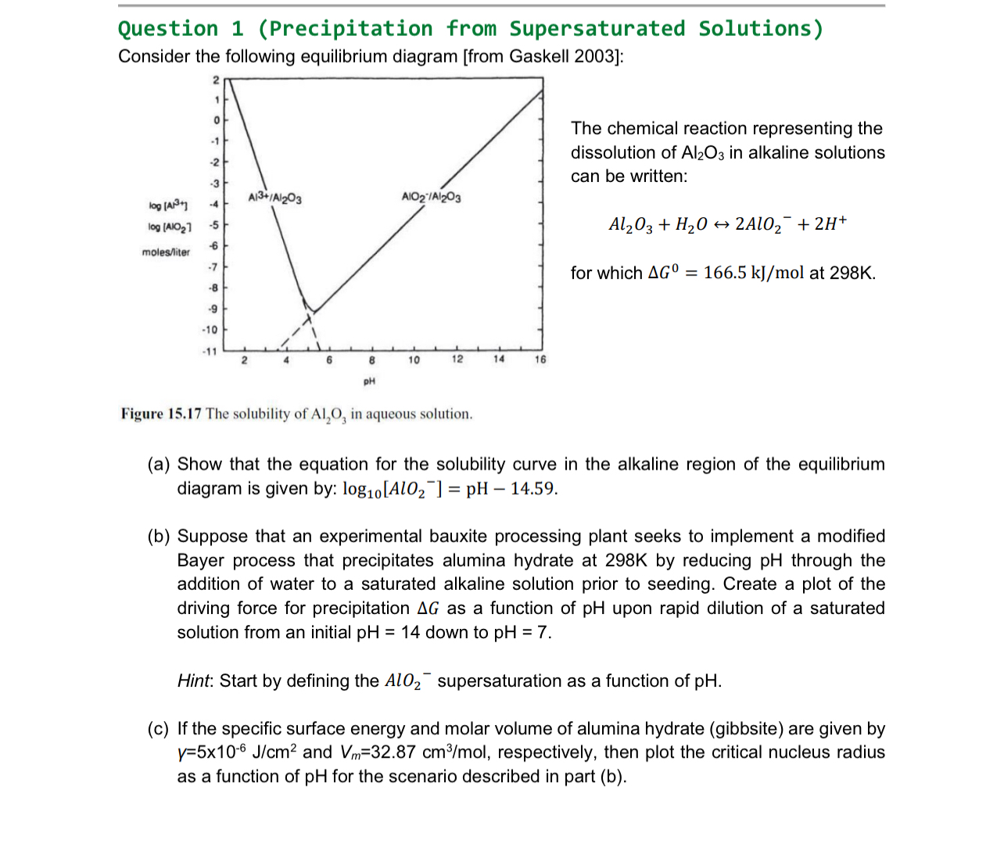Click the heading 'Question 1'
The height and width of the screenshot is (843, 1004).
coord(181,29)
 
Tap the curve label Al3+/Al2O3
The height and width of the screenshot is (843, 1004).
coord(274,198)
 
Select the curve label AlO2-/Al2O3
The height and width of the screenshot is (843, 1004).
coord(431,197)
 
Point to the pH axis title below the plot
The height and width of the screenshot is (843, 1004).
coord(369,381)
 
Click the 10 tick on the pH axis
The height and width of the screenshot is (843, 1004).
coord(414,360)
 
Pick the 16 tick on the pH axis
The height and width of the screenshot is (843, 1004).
coord(540,360)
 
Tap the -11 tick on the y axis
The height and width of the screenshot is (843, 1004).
coord(210,352)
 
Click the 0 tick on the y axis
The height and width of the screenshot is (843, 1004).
coord(215,120)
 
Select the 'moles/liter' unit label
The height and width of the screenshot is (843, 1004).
coord(166,252)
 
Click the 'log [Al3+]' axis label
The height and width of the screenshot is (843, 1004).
coord(168,205)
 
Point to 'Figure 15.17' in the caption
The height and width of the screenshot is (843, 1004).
coord(161,414)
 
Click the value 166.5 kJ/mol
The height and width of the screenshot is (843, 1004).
coord(755,273)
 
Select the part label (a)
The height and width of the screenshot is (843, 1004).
coord(159,465)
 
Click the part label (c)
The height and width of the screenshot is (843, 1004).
coord(158,729)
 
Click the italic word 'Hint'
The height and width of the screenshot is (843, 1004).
coord(193,681)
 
